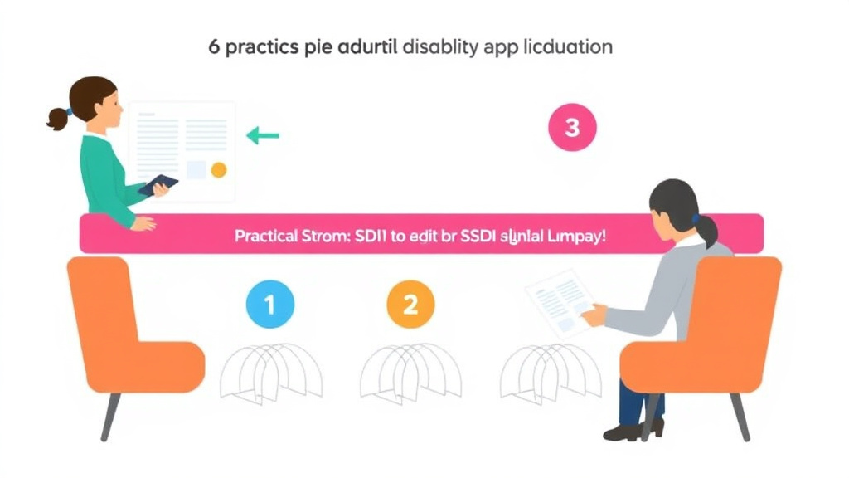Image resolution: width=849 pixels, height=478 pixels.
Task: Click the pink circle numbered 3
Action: [x=572, y=128]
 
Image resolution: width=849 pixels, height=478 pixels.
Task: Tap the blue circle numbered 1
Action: [x=269, y=305]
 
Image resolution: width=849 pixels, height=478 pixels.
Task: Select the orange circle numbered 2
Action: [x=410, y=305]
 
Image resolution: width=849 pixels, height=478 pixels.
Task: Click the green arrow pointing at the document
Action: [x=263, y=135]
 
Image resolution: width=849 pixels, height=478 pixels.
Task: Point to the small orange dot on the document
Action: [x=219, y=169]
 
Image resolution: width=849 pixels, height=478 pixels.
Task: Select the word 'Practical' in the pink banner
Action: [x=265, y=235]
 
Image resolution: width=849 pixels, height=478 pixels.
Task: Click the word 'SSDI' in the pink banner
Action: [x=474, y=235]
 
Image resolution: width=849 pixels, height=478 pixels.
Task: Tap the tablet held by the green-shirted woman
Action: [x=158, y=185]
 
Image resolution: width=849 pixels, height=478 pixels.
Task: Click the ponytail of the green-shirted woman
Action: [x=57, y=119]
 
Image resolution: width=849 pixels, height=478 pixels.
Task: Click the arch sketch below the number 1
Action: [x=271, y=370]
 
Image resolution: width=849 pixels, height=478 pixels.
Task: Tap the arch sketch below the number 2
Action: [x=410, y=370]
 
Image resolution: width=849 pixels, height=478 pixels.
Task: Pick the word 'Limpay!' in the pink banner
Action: [x=576, y=235]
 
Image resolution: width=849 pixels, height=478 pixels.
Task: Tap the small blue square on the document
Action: [x=196, y=169]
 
